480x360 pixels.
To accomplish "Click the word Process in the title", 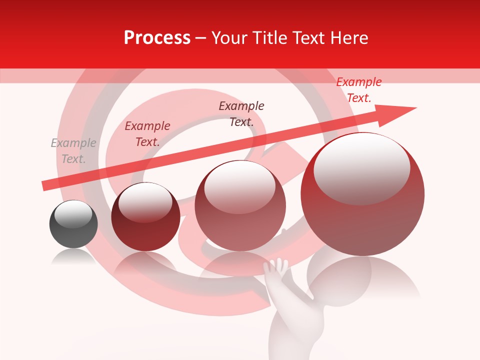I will click(157, 38).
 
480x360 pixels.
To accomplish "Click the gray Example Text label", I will click(73, 151).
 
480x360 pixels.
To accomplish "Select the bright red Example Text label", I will click(358, 90).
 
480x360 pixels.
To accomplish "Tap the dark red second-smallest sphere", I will click(145, 220).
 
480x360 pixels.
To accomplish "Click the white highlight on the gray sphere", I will click(73, 214).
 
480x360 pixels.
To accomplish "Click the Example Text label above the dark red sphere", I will click(147, 134).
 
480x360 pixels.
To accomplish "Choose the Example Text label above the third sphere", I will click(241, 114).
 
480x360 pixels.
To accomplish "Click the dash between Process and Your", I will click(200, 38).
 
